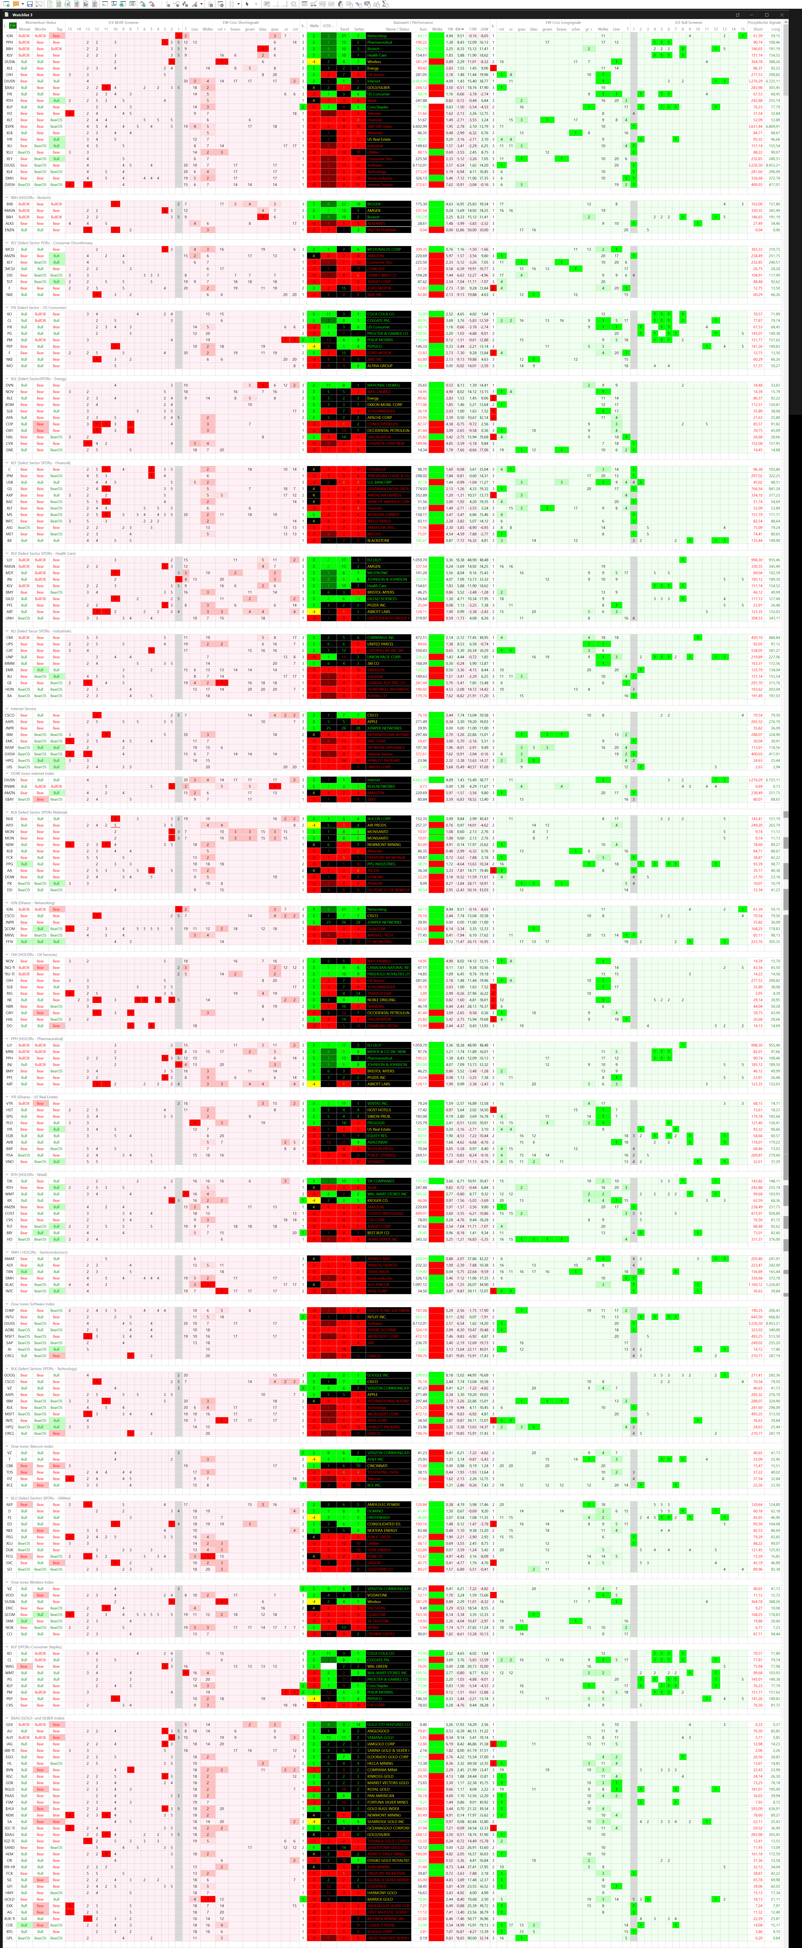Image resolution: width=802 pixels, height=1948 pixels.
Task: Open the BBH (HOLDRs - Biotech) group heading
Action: pyautogui.click(x=30, y=197)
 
